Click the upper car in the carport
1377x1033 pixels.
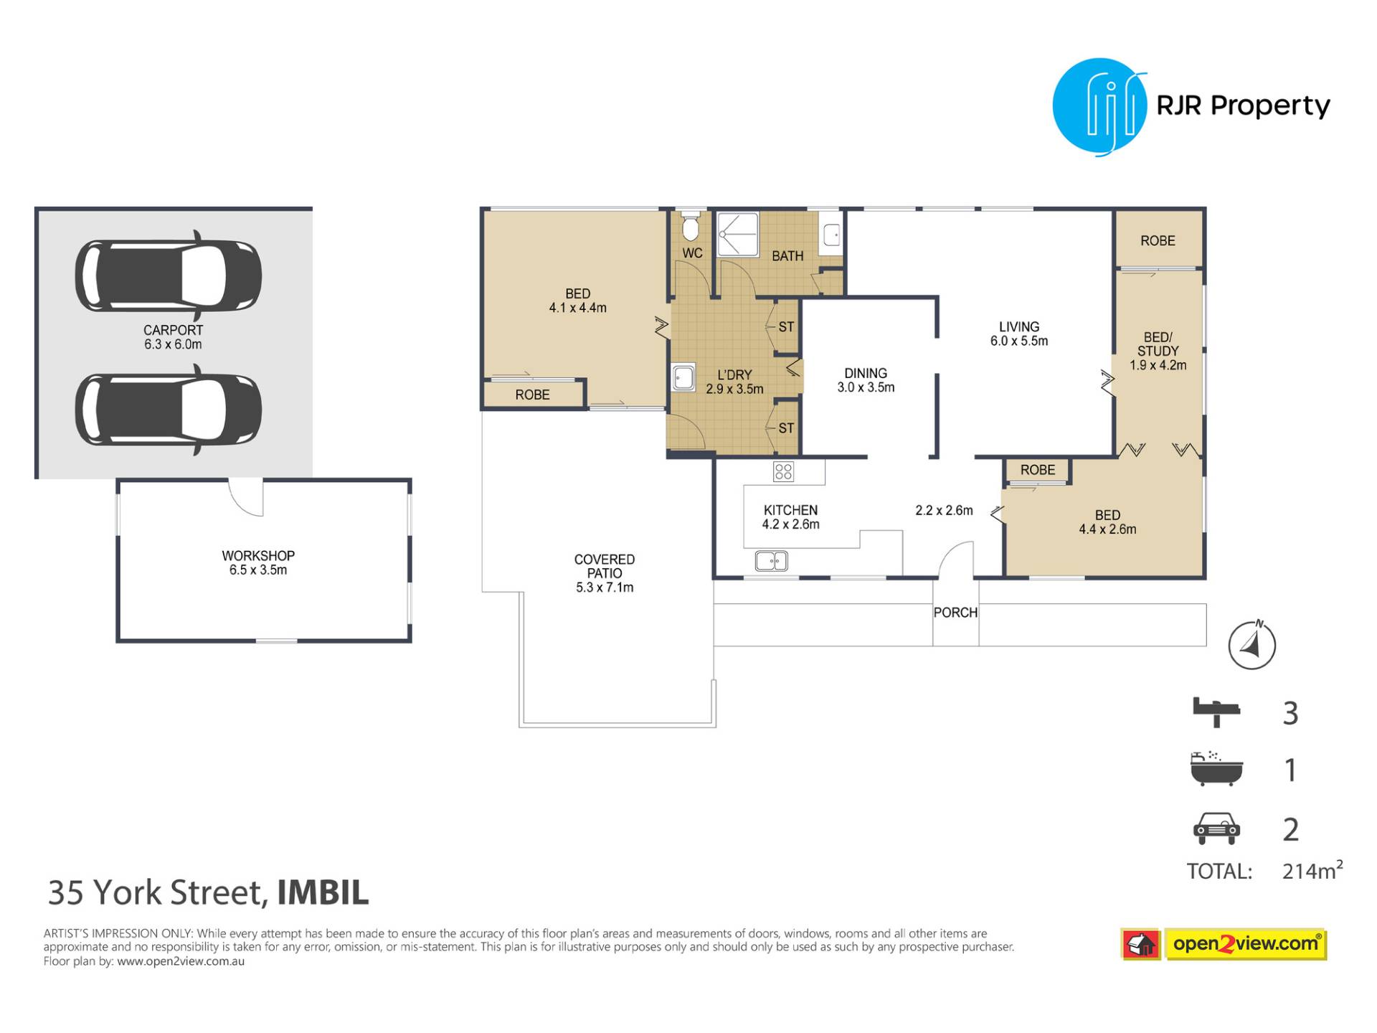point(169,276)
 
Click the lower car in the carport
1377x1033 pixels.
point(169,410)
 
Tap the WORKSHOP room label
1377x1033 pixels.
point(258,556)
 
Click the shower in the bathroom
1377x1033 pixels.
point(738,235)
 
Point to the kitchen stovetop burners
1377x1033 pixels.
point(783,471)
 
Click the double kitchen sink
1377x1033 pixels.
point(772,561)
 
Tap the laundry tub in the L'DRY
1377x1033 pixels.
point(683,377)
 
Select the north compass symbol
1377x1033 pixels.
point(1252,645)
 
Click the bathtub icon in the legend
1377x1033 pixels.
point(1216,769)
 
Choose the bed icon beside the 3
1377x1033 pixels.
point(1216,712)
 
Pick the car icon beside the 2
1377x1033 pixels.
point(1216,829)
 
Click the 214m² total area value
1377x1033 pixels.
point(1312,870)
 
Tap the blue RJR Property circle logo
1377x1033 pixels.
point(1099,107)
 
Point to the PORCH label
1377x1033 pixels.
point(955,613)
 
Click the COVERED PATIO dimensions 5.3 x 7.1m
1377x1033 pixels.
point(605,588)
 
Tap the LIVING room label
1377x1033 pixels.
point(1019,327)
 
